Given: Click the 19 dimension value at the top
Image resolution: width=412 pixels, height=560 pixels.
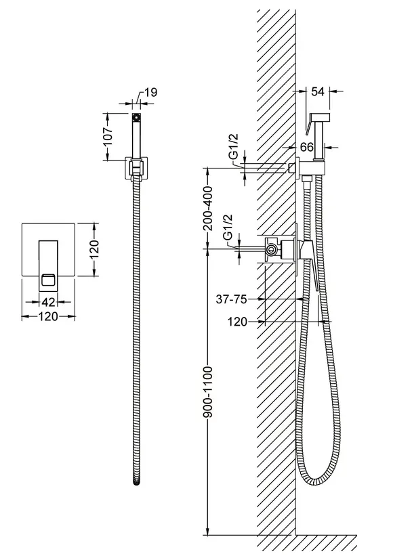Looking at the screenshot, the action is tap(151, 93).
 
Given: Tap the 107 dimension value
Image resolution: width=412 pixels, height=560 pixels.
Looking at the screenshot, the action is tap(108, 137).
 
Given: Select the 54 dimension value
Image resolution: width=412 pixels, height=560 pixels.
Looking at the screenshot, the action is tap(318, 91).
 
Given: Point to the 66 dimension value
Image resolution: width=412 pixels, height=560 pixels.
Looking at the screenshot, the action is tap(306, 147).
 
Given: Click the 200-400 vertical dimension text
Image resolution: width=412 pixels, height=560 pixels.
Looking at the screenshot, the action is tap(207, 208).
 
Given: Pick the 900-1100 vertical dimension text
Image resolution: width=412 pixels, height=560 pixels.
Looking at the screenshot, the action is tap(207, 391).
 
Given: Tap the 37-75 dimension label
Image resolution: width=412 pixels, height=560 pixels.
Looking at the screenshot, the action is tap(231, 299).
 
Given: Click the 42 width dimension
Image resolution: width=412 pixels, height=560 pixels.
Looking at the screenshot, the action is tap(49, 302).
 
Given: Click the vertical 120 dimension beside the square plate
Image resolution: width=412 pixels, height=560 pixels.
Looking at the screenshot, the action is tap(94, 249).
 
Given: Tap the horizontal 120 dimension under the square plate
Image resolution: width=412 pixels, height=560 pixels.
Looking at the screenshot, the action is tap(48, 316).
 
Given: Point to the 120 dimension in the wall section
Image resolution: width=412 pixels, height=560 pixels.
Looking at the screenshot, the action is tap(237, 322).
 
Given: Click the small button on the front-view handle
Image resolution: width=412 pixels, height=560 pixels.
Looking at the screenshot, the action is tap(48, 279).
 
